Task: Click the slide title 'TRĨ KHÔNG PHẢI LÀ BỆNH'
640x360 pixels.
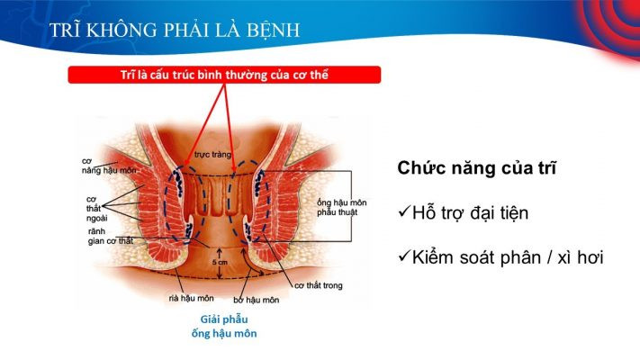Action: pyautogui.click(x=175, y=30)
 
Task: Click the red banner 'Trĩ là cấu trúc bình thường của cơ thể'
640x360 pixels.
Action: pyautogui.click(x=224, y=75)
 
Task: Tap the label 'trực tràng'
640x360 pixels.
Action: pyautogui.click(x=212, y=155)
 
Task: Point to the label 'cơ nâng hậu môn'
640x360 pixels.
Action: pyautogui.click(x=109, y=166)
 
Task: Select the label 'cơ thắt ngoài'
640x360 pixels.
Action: pyautogui.click(x=96, y=209)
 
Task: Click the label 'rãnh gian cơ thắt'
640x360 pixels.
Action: pyautogui.click(x=111, y=237)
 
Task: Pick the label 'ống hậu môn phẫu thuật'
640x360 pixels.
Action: pyautogui.click(x=342, y=207)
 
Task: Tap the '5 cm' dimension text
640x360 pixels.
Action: pyautogui.click(x=220, y=262)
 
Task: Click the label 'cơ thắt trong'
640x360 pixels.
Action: pyautogui.click(x=319, y=285)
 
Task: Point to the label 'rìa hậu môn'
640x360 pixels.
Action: pyautogui.click(x=191, y=299)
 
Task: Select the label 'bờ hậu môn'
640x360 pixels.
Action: pyautogui.click(x=257, y=300)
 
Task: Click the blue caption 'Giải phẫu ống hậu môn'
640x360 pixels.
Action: pyautogui.click(x=224, y=326)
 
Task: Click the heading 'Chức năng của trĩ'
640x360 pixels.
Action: pyautogui.click(x=476, y=168)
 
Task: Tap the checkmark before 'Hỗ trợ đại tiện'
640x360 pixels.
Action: pyautogui.click(x=404, y=211)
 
